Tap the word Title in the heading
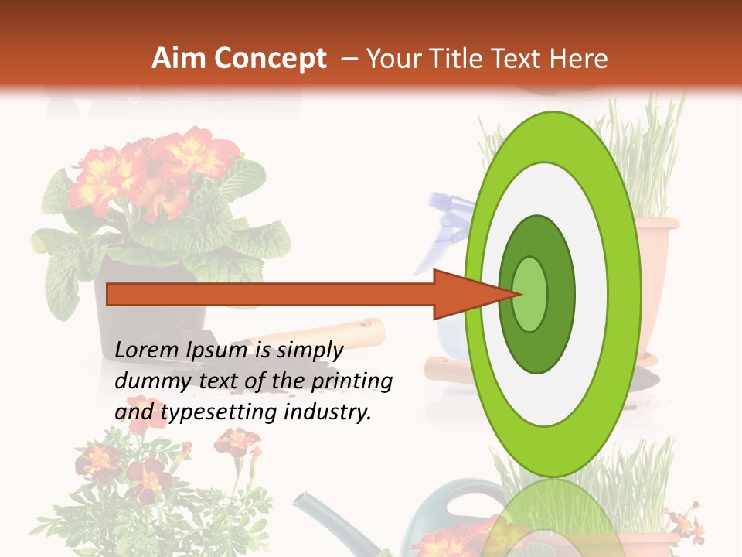(457, 59)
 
